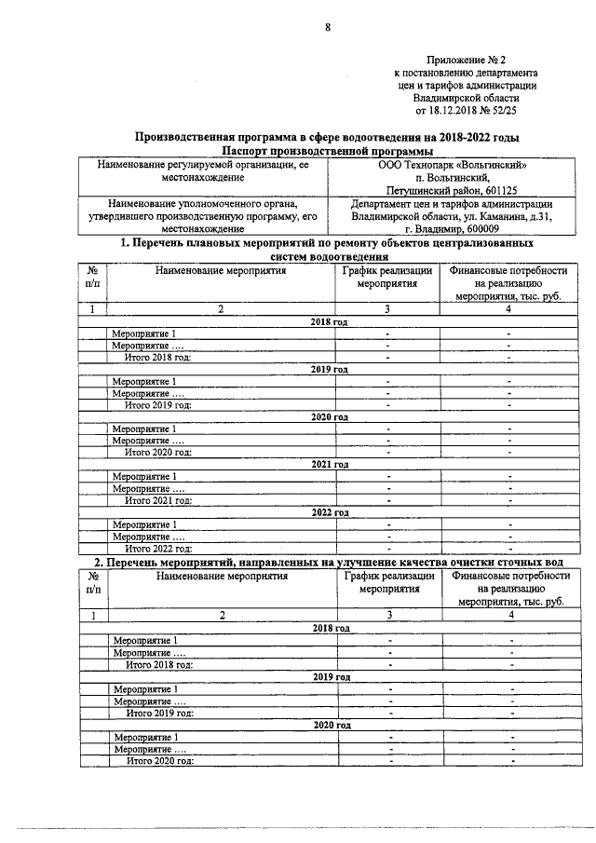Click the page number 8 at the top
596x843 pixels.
328,27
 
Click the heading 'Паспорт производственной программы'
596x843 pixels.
329,151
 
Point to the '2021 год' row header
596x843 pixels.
329,464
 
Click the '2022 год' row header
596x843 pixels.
329,512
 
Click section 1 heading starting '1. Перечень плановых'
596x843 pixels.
328,243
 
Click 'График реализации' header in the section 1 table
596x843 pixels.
386,271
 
